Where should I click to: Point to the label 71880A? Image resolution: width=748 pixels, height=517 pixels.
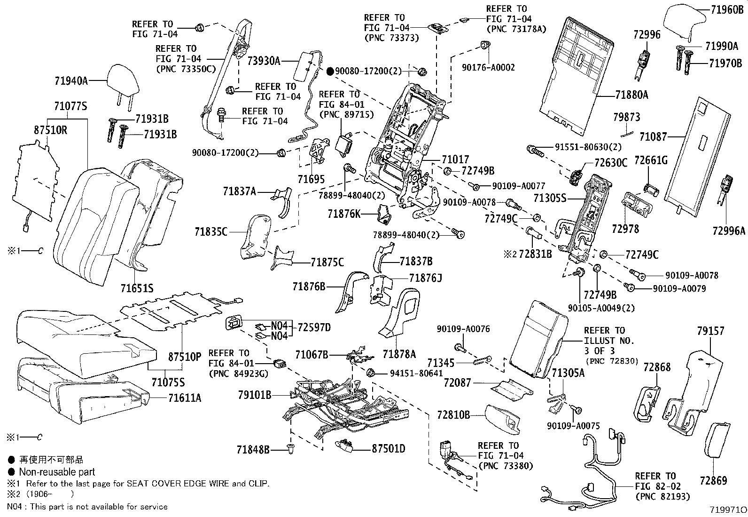(x=631, y=95)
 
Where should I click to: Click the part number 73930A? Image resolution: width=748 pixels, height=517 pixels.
(x=264, y=61)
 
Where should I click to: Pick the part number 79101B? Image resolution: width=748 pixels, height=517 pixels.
(x=254, y=395)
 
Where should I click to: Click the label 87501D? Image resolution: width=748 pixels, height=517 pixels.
(x=388, y=449)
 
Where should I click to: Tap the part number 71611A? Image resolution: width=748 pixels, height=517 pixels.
(x=185, y=398)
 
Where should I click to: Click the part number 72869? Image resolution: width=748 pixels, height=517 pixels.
(x=713, y=480)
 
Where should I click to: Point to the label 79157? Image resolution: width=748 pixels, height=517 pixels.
(x=710, y=332)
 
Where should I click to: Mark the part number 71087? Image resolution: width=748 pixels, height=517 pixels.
(x=653, y=137)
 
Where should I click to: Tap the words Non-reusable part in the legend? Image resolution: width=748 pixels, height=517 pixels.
(x=57, y=472)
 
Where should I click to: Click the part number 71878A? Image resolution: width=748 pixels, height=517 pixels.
(x=399, y=354)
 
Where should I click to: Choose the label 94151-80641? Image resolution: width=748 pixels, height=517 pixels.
(x=416, y=374)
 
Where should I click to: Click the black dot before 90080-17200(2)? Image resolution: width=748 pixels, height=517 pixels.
(x=330, y=72)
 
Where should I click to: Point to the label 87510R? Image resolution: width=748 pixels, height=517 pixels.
(x=50, y=130)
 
